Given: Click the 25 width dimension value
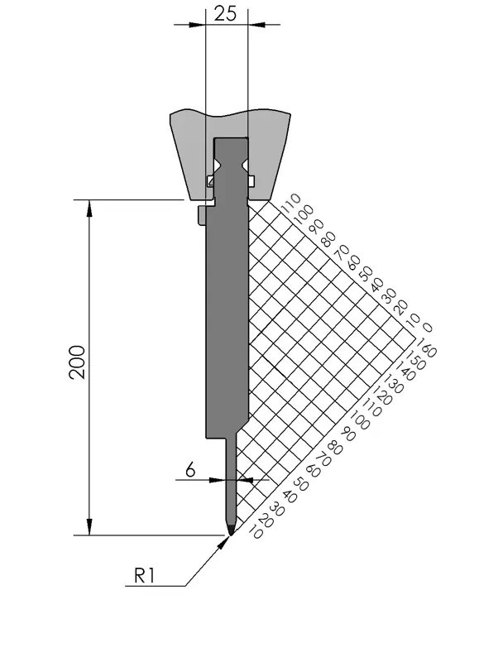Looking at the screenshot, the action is (x=225, y=13).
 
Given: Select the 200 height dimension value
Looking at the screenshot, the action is (x=78, y=362).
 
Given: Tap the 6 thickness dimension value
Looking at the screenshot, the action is (x=190, y=469).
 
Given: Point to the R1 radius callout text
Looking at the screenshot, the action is (x=144, y=575).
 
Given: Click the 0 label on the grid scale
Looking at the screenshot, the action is (x=427, y=328).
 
